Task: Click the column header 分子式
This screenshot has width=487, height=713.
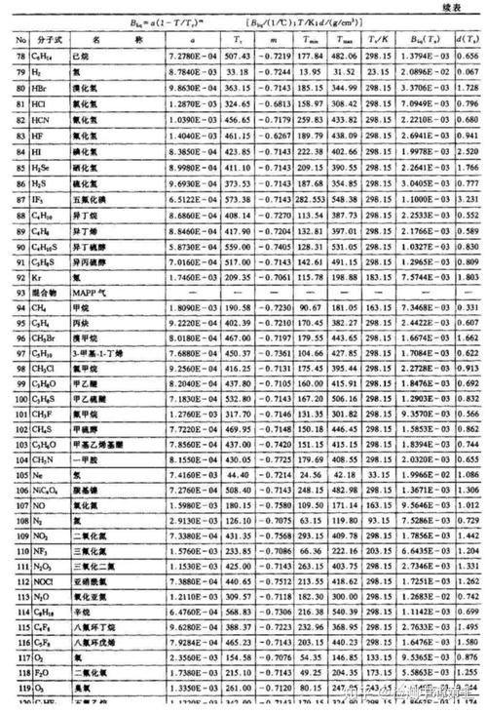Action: [x=49, y=42]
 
